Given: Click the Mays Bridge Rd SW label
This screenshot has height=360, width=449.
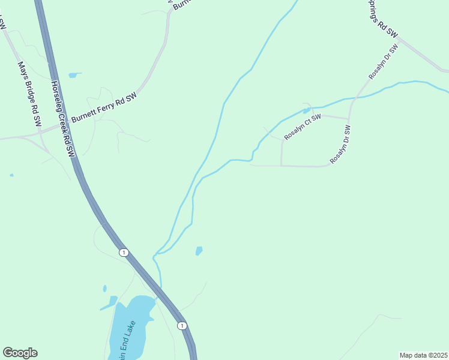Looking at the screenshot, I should tap(29, 93).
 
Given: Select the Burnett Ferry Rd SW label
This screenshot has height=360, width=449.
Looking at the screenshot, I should tap(104, 108).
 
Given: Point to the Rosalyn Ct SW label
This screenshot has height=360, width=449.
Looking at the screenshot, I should tap(303, 127).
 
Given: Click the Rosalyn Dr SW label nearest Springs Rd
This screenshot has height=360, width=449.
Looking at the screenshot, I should tap(383, 62).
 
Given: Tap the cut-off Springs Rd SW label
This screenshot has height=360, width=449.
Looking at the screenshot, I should tap(382, 18).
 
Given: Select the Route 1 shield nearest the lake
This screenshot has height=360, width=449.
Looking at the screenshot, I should tap(182, 325).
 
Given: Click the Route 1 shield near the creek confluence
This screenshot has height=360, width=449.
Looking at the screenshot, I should tap(124, 252).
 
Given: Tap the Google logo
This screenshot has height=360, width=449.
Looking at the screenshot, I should tap(20, 352).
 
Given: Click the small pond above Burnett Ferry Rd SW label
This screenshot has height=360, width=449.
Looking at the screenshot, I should tap(74, 75).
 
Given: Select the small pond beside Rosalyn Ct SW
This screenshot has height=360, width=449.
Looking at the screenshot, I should tap(306, 110).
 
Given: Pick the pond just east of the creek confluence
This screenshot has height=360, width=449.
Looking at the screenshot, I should tap(199, 250).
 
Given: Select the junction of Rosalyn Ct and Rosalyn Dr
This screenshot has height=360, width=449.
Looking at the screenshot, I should tap(349, 118).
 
